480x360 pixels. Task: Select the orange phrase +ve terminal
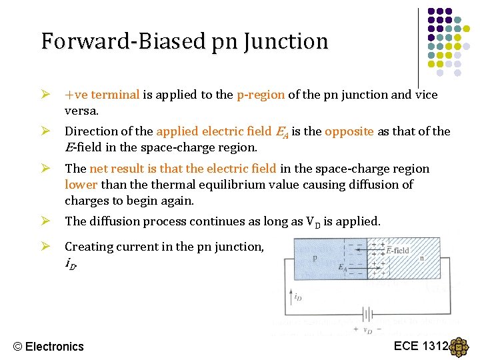click(102, 95)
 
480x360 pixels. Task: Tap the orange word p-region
click(261, 95)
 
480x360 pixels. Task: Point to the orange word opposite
click(349, 131)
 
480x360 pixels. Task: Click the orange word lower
click(81, 185)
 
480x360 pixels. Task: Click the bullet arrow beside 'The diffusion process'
click(47, 221)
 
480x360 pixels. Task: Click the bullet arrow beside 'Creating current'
click(47, 247)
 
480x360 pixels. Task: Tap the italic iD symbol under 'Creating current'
click(70, 263)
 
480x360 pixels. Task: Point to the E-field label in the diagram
click(398, 251)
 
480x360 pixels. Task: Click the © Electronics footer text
click(49, 346)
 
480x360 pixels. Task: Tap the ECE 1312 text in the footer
click(421, 345)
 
